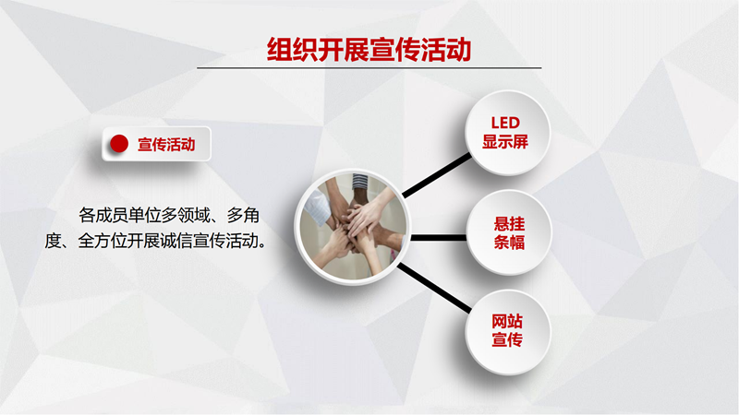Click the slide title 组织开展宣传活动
369,50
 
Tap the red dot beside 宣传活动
119,144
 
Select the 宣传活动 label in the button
166,145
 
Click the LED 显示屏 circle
507,133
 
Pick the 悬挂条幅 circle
509,232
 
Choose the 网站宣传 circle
507,332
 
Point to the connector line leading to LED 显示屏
437,174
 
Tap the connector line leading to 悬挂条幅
439,238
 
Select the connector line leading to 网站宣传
434,288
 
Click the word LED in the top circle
505,123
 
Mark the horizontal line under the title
369,68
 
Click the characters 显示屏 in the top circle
505,142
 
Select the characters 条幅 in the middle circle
509,243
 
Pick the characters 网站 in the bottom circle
507,321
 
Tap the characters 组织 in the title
292,50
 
